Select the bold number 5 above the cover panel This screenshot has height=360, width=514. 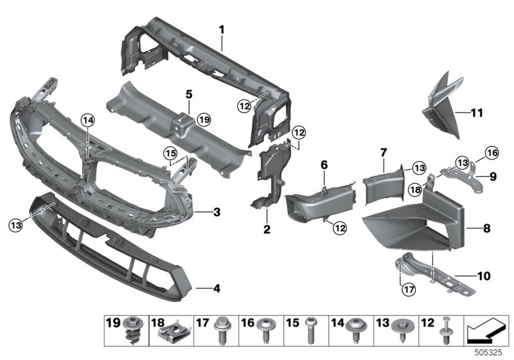(x=189, y=94)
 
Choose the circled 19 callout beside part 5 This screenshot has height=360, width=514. (x=204, y=120)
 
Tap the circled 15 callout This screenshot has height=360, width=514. (x=170, y=154)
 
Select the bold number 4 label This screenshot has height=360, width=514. (x=217, y=289)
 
